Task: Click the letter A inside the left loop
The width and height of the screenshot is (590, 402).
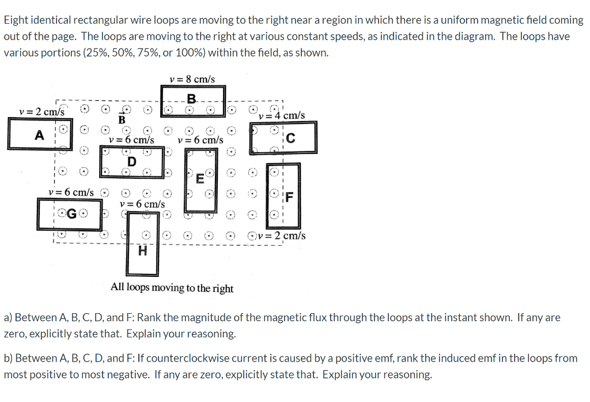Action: click(x=39, y=136)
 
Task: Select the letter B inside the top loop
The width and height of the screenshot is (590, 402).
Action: click(x=191, y=98)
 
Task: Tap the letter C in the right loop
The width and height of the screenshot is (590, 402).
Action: click(x=290, y=138)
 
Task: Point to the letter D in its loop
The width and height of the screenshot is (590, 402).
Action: click(x=131, y=161)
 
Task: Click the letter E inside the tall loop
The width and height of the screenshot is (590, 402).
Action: click(x=200, y=178)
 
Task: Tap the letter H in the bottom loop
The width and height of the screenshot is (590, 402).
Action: click(x=142, y=251)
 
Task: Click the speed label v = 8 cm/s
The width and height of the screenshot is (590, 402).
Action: click(x=192, y=79)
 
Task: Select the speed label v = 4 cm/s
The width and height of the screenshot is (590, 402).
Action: click(x=282, y=115)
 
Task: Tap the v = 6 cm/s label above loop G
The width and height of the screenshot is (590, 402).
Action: click(x=71, y=191)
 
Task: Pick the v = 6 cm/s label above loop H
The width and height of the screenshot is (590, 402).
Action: click(x=142, y=204)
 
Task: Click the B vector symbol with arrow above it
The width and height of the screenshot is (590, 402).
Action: click(x=122, y=117)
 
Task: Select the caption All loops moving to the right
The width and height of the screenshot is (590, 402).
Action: click(x=172, y=287)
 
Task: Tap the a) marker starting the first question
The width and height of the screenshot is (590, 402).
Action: click(x=8, y=317)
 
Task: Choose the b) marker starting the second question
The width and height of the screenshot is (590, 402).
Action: click(x=9, y=358)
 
